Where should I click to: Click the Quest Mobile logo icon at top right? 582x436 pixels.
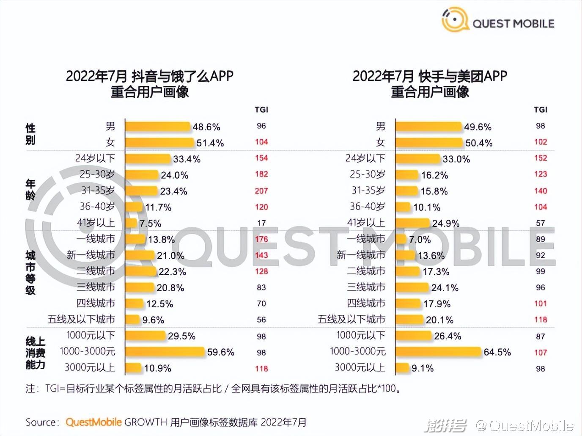pyautogui.click(x=455, y=20)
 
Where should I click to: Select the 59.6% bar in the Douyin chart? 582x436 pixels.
pyautogui.click(x=165, y=352)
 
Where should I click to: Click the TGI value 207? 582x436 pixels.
pyautogui.click(x=261, y=191)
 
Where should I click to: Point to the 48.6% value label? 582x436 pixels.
pyautogui.click(x=206, y=127)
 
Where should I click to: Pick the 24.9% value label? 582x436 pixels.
pyautogui.click(x=446, y=224)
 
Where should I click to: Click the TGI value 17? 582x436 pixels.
pyautogui.click(x=261, y=223)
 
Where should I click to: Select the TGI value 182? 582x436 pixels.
pyautogui.click(x=261, y=174)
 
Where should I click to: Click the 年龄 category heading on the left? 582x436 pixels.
pyautogui.click(x=30, y=189)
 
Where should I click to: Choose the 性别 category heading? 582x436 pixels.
pyautogui.click(x=30, y=134)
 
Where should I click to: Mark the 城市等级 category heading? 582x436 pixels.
pyautogui.click(x=30, y=273)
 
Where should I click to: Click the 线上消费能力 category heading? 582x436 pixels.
pyautogui.click(x=36, y=353)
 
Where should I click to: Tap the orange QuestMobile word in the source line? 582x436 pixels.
pyautogui.click(x=93, y=422)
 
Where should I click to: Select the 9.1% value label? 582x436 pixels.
pyautogui.click(x=423, y=368)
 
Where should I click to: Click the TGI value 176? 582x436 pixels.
pyautogui.click(x=261, y=239)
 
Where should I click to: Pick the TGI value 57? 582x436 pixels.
pyautogui.click(x=540, y=223)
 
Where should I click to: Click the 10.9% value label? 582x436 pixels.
pyautogui.click(x=157, y=368)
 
